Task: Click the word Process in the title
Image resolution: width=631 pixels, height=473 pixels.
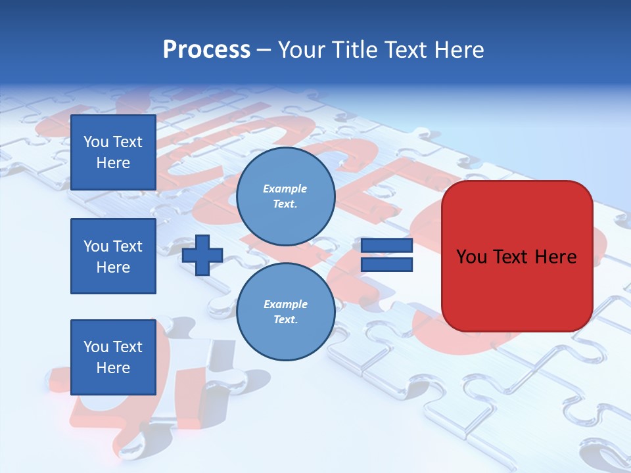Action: pyautogui.click(x=206, y=50)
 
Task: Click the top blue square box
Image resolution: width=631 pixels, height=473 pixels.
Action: pyautogui.click(x=113, y=152)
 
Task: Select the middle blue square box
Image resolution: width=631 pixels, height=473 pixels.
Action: pyautogui.click(x=113, y=256)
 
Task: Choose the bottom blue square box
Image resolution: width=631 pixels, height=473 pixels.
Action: pyautogui.click(x=113, y=357)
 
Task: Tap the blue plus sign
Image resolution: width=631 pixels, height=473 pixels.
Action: pyautogui.click(x=202, y=255)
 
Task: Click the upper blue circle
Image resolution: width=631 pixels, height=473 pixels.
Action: pyautogui.click(x=285, y=196)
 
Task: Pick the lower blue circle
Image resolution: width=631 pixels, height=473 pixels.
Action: pyautogui.click(x=285, y=312)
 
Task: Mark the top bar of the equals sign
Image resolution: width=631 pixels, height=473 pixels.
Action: pyautogui.click(x=387, y=246)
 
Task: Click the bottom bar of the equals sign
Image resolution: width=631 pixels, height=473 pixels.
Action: pyautogui.click(x=387, y=264)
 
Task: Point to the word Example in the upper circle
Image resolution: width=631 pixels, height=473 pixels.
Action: pyautogui.click(x=285, y=189)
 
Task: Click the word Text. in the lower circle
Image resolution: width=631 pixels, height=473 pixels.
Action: pyautogui.click(x=285, y=320)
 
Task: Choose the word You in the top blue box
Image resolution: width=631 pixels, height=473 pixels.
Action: pyautogui.click(x=96, y=142)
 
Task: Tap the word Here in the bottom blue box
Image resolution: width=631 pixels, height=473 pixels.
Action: pyautogui.click(x=113, y=368)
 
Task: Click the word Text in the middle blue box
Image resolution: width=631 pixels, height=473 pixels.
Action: pyautogui.click(x=127, y=246)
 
